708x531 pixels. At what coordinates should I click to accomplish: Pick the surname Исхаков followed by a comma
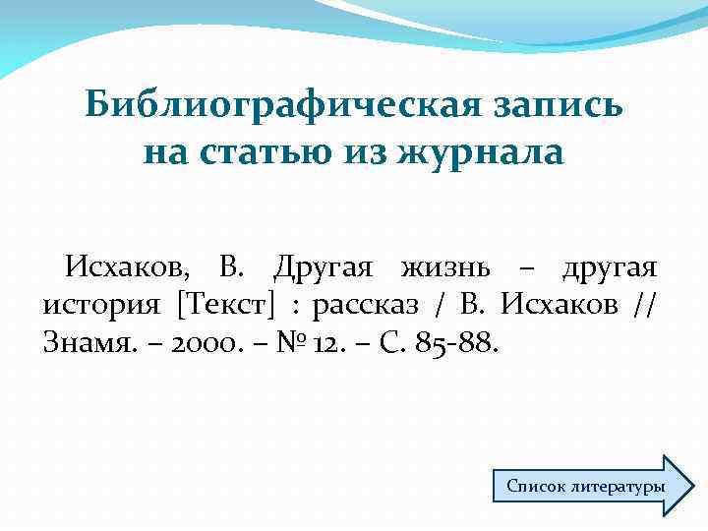132,267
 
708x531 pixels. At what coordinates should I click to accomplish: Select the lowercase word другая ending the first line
610,267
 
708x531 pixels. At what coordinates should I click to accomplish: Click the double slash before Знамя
644,305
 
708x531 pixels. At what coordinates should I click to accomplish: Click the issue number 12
305,343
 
